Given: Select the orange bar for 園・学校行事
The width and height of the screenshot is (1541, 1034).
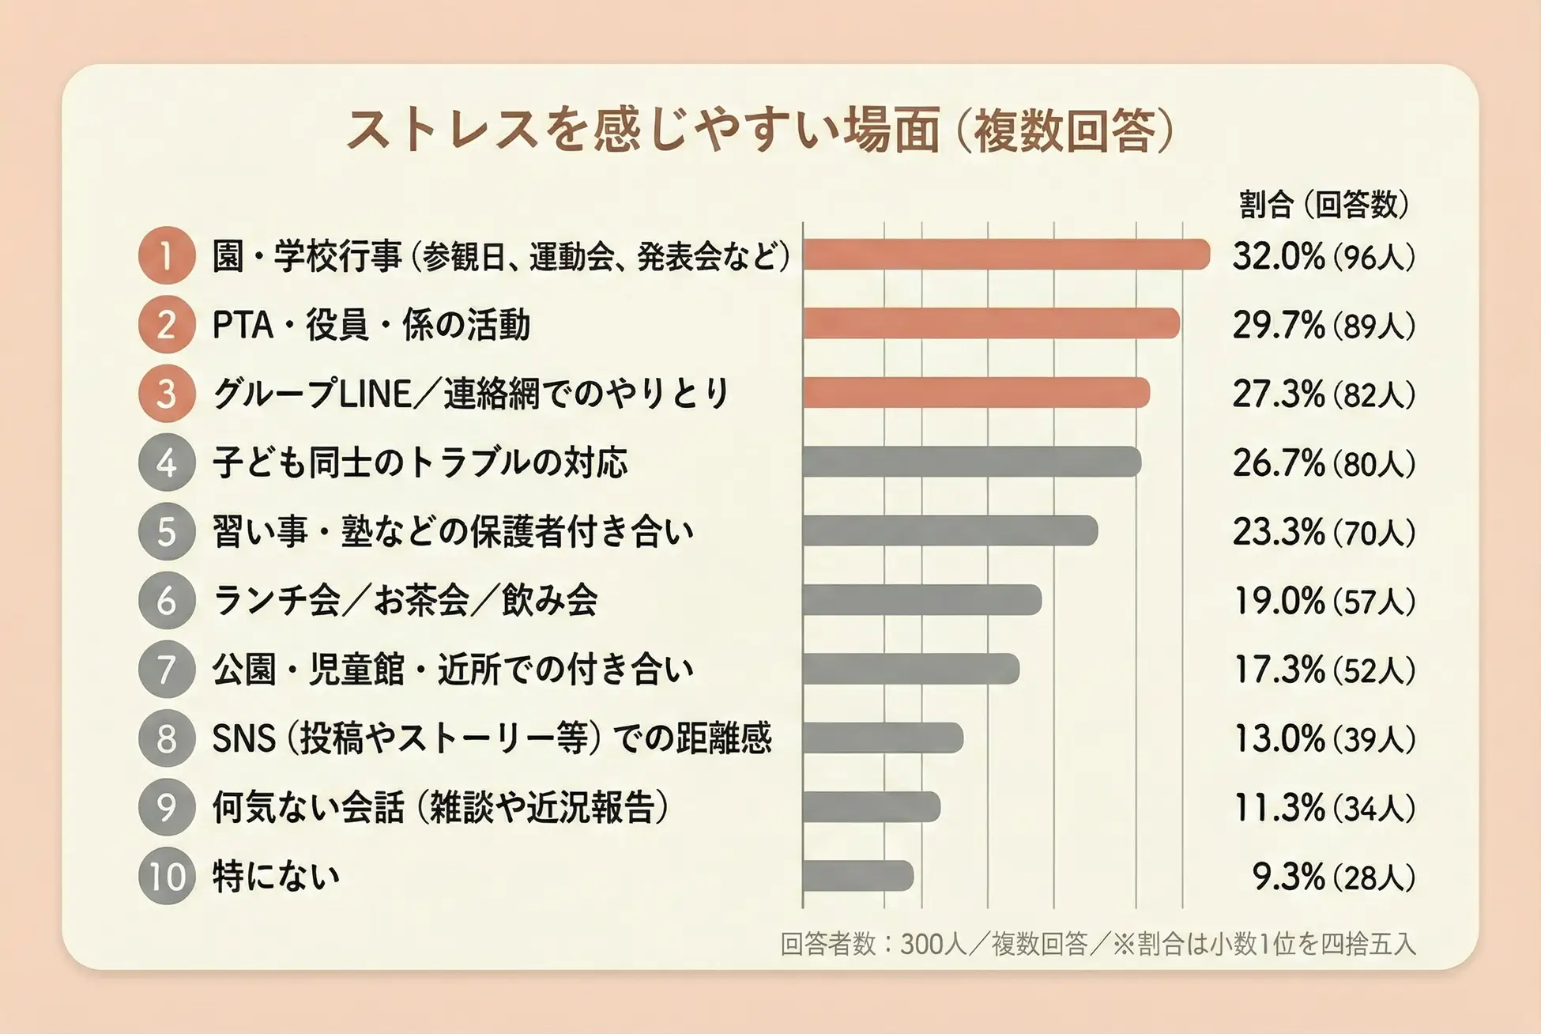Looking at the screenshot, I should tap(1005, 255).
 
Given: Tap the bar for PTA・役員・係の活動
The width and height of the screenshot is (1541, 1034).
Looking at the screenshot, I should tap(991, 324).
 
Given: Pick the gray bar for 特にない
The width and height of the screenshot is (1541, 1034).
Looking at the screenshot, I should tap(857, 876).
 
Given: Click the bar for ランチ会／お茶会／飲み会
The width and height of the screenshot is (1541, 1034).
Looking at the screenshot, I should tap(921, 600).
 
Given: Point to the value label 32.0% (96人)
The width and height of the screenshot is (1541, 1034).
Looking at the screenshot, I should tap(1323, 257).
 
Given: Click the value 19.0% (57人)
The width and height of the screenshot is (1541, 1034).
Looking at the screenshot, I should tap(1323, 602).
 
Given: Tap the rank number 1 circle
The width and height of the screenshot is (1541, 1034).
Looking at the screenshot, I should tap(166, 255).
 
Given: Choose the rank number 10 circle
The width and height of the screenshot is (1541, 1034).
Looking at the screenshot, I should tap(166, 876).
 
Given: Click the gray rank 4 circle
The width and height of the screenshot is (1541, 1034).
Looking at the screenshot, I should tap(166, 462).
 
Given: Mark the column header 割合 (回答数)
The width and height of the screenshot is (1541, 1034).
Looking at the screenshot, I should tap(1323, 205).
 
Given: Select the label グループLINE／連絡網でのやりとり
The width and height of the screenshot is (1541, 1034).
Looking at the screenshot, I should tap(470, 394).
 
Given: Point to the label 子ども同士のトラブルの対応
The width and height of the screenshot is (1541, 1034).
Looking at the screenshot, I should tap(420, 462).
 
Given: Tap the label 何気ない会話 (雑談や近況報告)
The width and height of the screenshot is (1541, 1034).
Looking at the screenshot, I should tap(440, 807).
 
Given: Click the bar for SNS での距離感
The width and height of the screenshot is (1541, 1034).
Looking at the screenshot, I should tap(883, 738).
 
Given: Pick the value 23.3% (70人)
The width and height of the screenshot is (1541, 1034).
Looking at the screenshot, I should tap(1323, 532).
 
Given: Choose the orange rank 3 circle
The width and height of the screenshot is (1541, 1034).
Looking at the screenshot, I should tap(166, 394).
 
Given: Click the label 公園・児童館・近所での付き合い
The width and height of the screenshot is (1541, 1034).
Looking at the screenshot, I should tap(452, 670).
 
